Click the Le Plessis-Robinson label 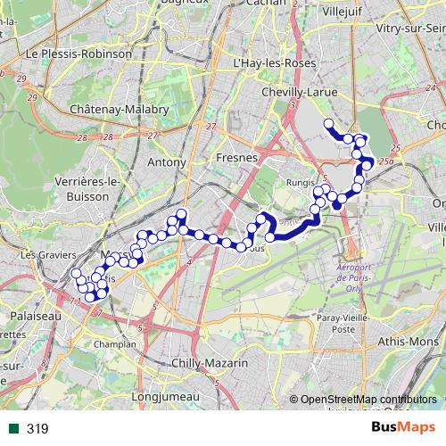point(79,54)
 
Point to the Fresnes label point(236,157)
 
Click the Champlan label point(120,343)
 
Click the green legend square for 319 point(15,429)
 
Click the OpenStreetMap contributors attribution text point(368,400)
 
